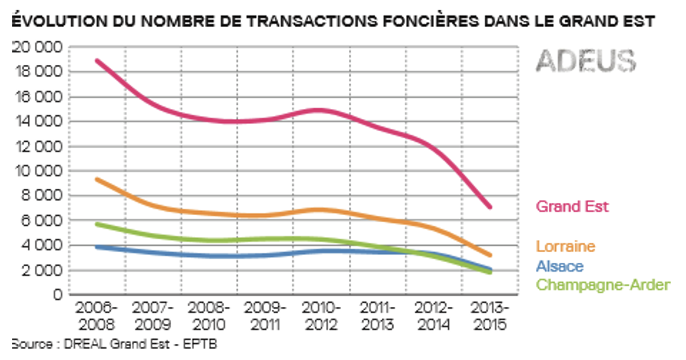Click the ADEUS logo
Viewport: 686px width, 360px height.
(x=586, y=61)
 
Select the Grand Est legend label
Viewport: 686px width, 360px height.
(x=572, y=206)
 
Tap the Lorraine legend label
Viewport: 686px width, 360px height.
(x=565, y=246)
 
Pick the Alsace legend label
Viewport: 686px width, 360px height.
(x=560, y=266)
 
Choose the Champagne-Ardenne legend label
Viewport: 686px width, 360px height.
(x=603, y=285)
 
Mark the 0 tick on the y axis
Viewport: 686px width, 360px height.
(x=58, y=294)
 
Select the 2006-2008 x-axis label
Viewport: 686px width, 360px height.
(x=96, y=316)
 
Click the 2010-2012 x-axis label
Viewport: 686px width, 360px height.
(x=321, y=316)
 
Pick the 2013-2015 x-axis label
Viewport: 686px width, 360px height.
(x=490, y=316)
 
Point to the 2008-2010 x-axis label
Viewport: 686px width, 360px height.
(x=209, y=316)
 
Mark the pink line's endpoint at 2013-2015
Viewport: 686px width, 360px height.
(x=490, y=207)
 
